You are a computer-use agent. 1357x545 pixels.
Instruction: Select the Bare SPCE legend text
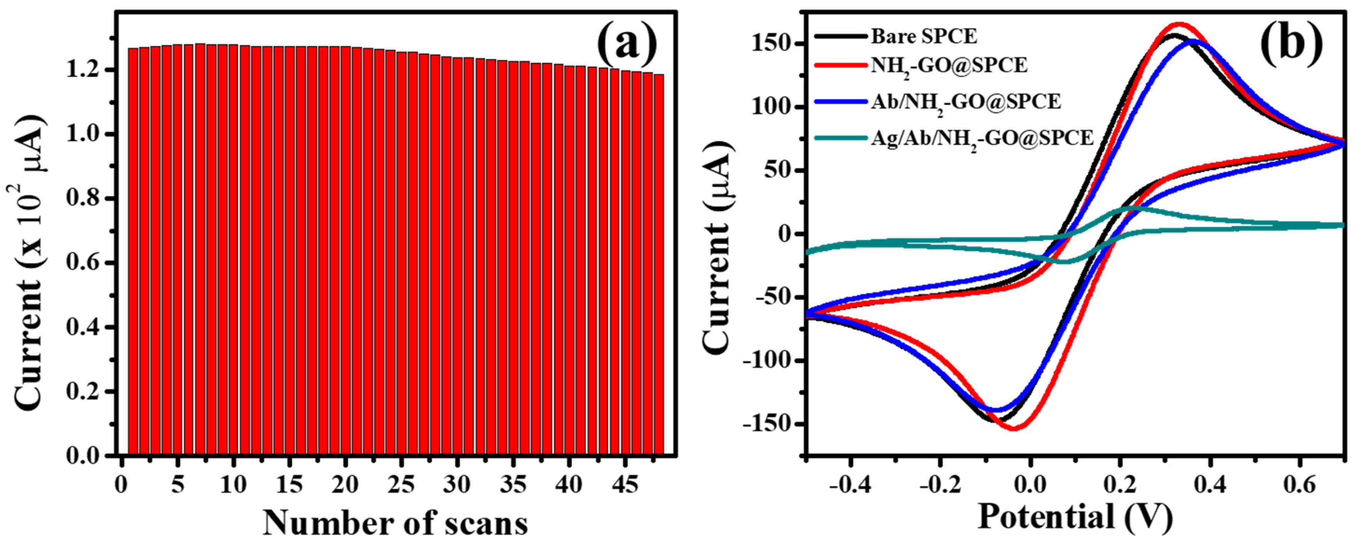coord(924,36)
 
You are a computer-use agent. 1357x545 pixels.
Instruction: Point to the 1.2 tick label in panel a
coord(83,70)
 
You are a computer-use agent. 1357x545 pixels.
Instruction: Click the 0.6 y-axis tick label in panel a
coord(83,262)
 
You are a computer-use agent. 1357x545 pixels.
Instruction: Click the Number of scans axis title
coord(395,523)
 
